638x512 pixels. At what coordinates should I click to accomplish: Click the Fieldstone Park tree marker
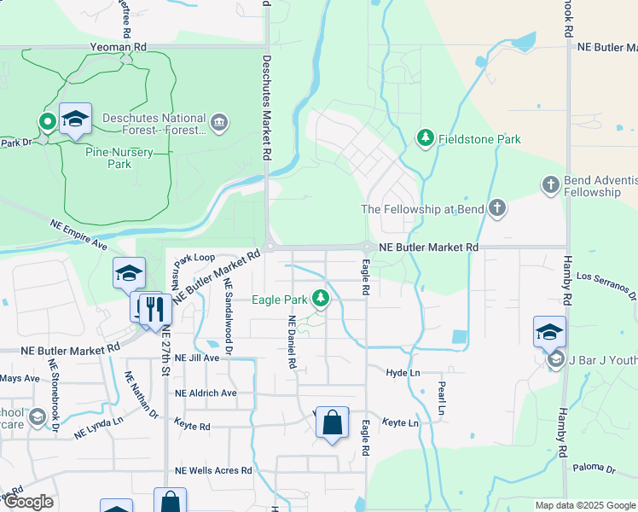click(x=425, y=137)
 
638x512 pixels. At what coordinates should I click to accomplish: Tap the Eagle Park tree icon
click(x=321, y=299)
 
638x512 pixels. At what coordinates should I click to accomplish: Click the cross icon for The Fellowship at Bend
click(x=496, y=209)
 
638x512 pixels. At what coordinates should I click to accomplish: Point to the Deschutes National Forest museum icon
click(x=220, y=125)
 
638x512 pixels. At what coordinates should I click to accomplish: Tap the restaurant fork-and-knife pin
click(x=154, y=309)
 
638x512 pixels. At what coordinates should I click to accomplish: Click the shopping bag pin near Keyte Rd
click(x=332, y=422)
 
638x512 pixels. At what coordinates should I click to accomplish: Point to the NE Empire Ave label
click(x=78, y=235)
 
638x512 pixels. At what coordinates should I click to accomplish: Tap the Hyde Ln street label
click(x=403, y=373)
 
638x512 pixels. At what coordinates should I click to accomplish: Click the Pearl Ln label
click(x=442, y=397)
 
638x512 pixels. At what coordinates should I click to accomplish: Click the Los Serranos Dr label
click(x=606, y=286)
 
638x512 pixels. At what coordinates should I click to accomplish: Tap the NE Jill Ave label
click(x=197, y=358)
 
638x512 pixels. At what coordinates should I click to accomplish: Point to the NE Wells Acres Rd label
click(x=213, y=470)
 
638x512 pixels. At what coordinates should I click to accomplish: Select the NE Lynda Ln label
click(x=98, y=427)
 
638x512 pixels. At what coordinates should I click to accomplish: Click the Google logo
click(x=27, y=502)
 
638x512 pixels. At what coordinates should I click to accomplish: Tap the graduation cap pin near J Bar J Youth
click(x=549, y=332)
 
